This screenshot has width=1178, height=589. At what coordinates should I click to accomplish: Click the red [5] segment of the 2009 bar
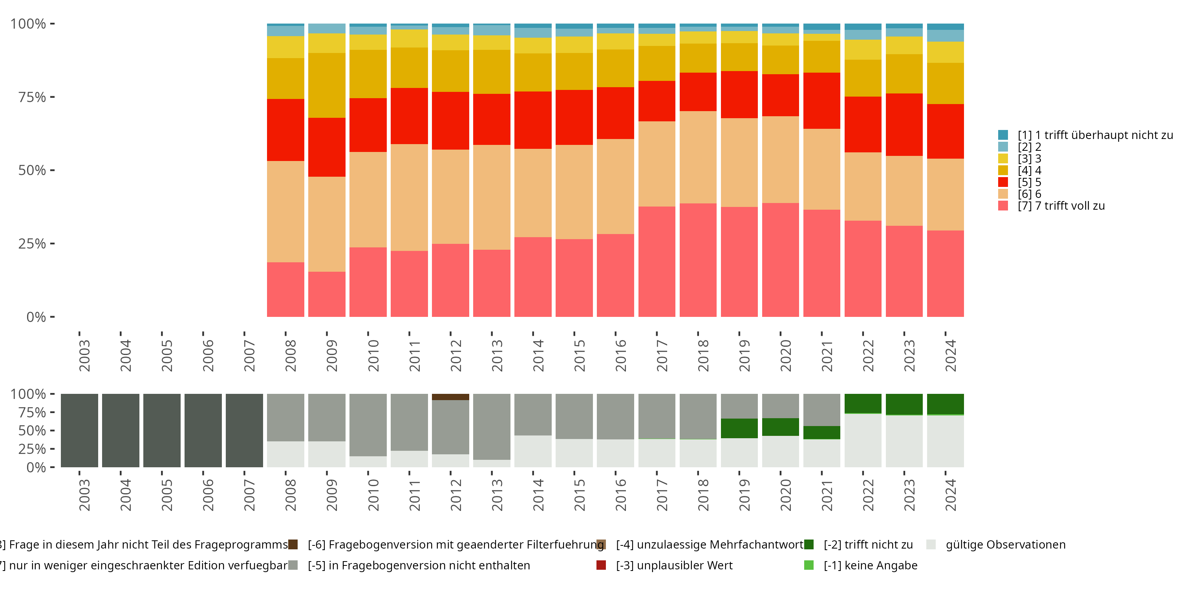pos(327,147)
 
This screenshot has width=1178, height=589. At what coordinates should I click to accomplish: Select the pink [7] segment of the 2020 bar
pos(780,260)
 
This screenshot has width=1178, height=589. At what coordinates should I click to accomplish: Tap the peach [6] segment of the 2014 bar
pos(533,192)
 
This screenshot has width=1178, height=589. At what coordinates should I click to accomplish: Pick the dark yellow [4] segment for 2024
pos(945,83)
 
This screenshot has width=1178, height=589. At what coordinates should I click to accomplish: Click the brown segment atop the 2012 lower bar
pos(450,397)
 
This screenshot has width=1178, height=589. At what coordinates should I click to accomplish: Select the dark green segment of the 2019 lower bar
pos(739,428)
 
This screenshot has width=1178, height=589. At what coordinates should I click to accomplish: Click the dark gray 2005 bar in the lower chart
pos(162,430)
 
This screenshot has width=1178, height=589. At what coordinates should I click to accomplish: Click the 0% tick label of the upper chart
pos(36,317)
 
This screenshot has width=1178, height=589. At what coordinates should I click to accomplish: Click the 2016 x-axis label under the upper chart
pos(620,355)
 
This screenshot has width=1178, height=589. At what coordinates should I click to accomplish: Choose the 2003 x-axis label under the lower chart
pos(84,495)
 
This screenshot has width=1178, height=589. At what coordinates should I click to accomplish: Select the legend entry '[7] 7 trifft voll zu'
pos(1061,206)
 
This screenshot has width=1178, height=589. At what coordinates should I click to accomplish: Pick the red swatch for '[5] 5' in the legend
pos(1003,182)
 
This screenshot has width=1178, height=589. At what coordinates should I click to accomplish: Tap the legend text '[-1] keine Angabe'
pos(870,565)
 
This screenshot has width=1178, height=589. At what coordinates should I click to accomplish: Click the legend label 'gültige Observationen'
pos(1005,545)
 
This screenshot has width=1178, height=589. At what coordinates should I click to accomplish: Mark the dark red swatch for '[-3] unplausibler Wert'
pos(601,565)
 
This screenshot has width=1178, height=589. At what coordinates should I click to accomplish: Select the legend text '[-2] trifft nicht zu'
pos(868,545)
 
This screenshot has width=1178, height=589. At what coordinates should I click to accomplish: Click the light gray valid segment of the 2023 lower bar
pos(904,441)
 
